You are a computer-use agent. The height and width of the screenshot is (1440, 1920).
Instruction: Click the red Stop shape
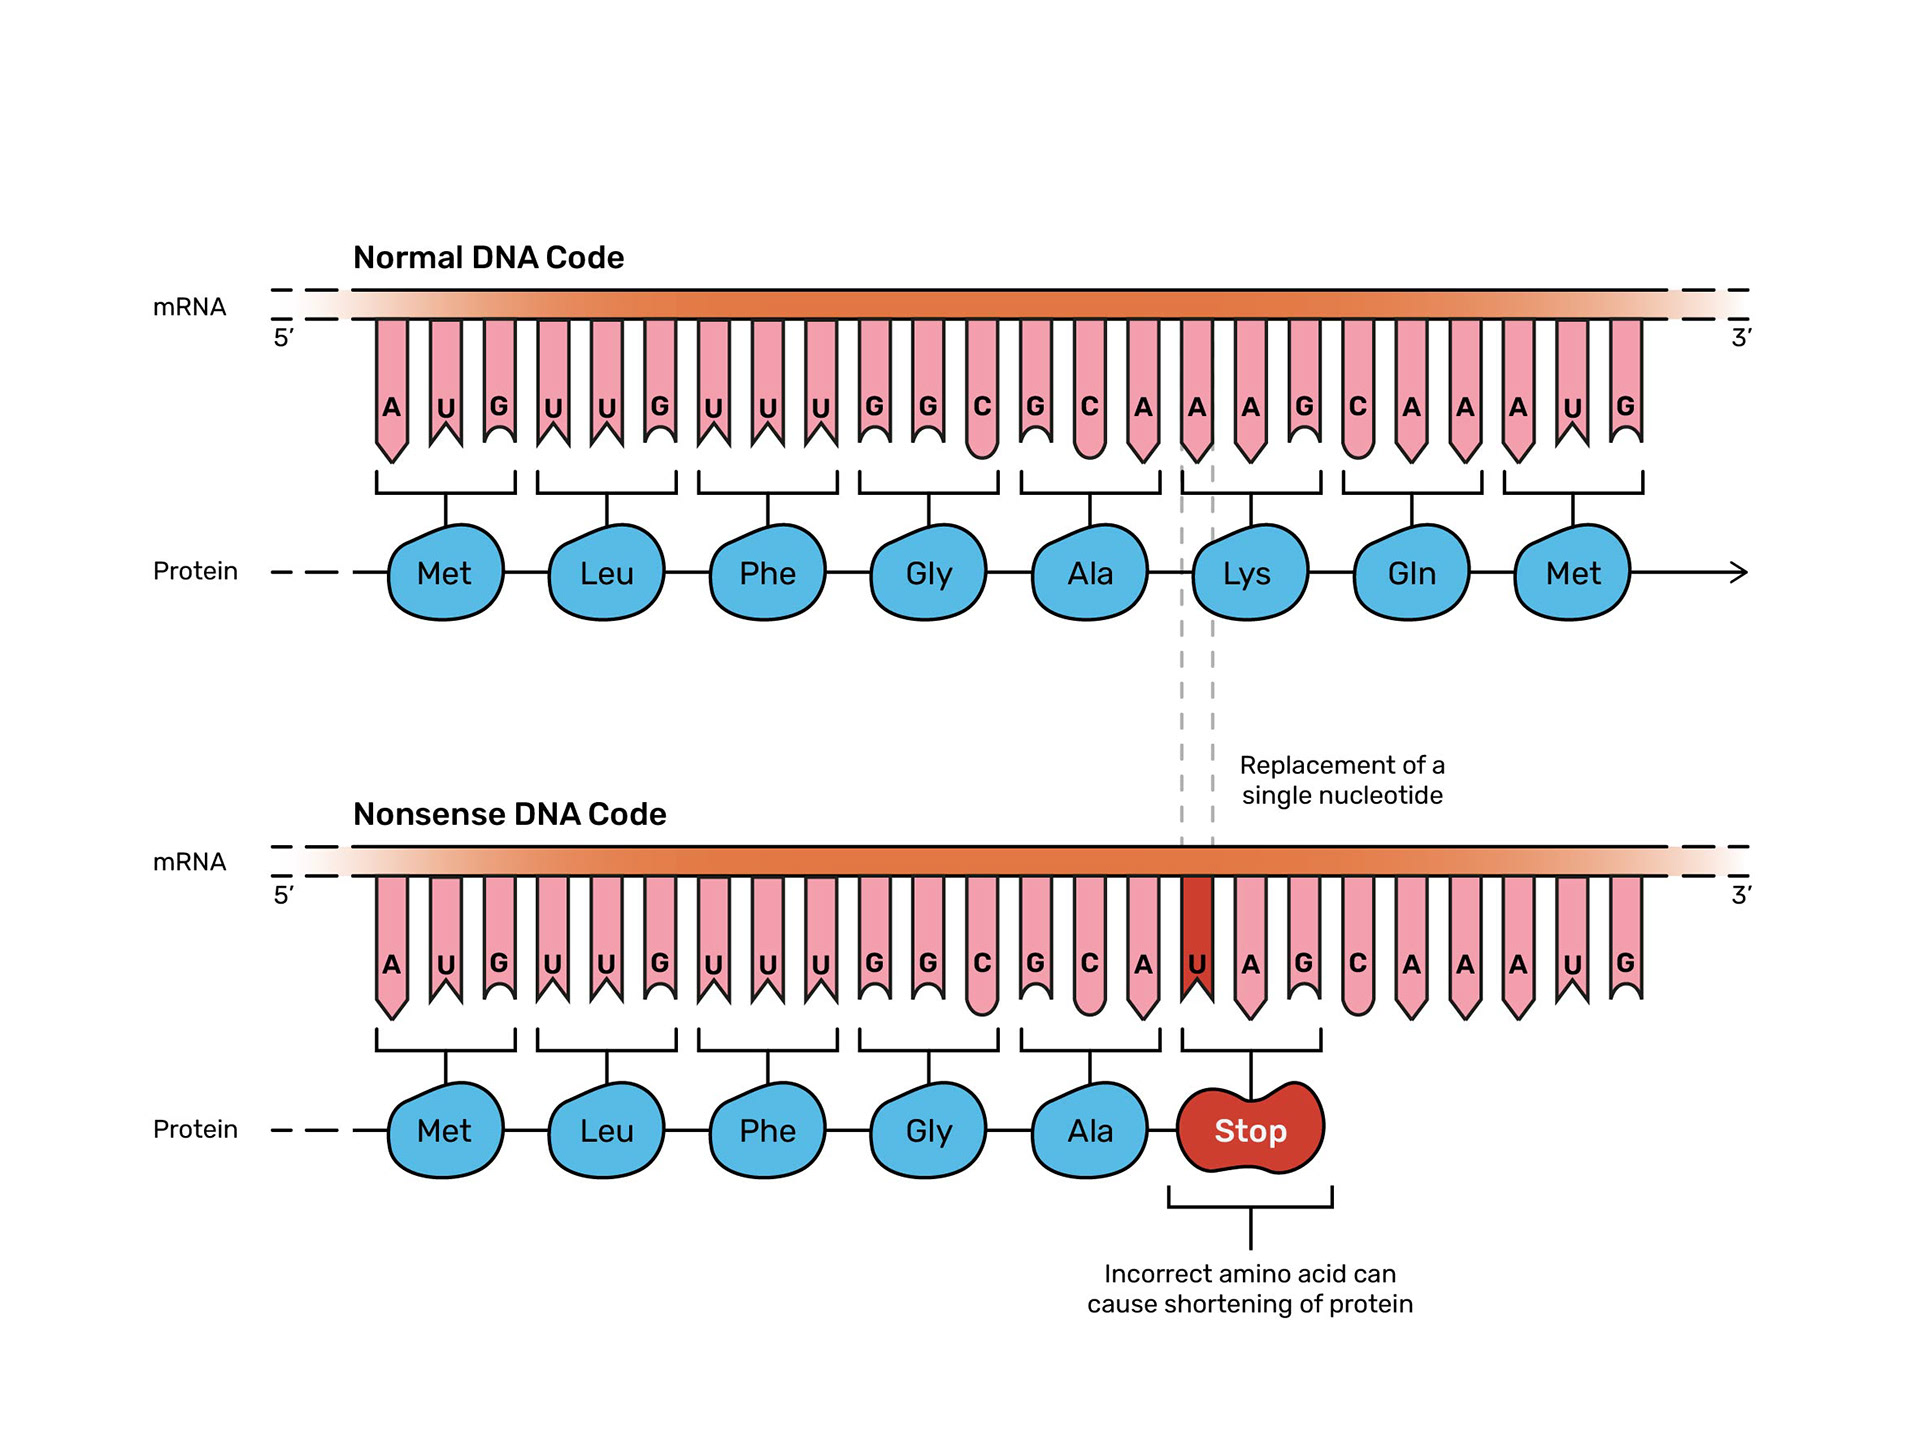pyautogui.click(x=1250, y=1129)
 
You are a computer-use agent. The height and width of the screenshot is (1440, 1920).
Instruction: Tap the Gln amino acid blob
pyautogui.click(x=1411, y=573)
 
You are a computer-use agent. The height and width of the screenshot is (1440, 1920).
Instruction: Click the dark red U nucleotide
pyautogui.click(x=1197, y=940)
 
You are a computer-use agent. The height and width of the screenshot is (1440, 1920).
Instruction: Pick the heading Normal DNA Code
pyautogui.click(x=488, y=258)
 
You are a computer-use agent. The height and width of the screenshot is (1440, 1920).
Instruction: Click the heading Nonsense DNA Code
pyautogui.click(x=509, y=814)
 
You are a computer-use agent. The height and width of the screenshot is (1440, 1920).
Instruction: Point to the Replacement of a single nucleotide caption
pyautogui.click(x=1342, y=780)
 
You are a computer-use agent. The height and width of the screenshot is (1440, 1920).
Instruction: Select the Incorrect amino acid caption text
pyautogui.click(x=1250, y=1289)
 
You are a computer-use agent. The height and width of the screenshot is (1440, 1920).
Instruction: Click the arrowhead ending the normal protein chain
pyautogui.click(x=1739, y=572)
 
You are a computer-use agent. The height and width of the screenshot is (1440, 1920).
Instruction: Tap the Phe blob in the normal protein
pyautogui.click(x=767, y=573)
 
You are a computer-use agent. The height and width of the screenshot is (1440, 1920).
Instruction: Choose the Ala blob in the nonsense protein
pyautogui.click(x=1089, y=1130)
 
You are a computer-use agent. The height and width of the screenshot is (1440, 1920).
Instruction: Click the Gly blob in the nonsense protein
pyautogui.click(x=928, y=1130)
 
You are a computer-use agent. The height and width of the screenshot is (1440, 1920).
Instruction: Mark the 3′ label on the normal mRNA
pyautogui.click(x=1741, y=338)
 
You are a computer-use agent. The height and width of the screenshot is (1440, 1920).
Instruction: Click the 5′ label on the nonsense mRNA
pyautogui.click(x=284, y=894)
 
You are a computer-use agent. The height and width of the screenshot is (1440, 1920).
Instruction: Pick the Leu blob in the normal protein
pyautogui.click(x=606, y=573)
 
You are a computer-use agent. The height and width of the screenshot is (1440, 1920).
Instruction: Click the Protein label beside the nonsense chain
pyautogui.click(x=195, y=1129)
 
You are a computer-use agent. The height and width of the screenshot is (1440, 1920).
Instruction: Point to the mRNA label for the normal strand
pyautogui.click(x=189, y=307)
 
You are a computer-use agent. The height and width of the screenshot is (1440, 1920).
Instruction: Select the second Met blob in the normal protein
pyautogui.click(x=1572, y=573)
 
